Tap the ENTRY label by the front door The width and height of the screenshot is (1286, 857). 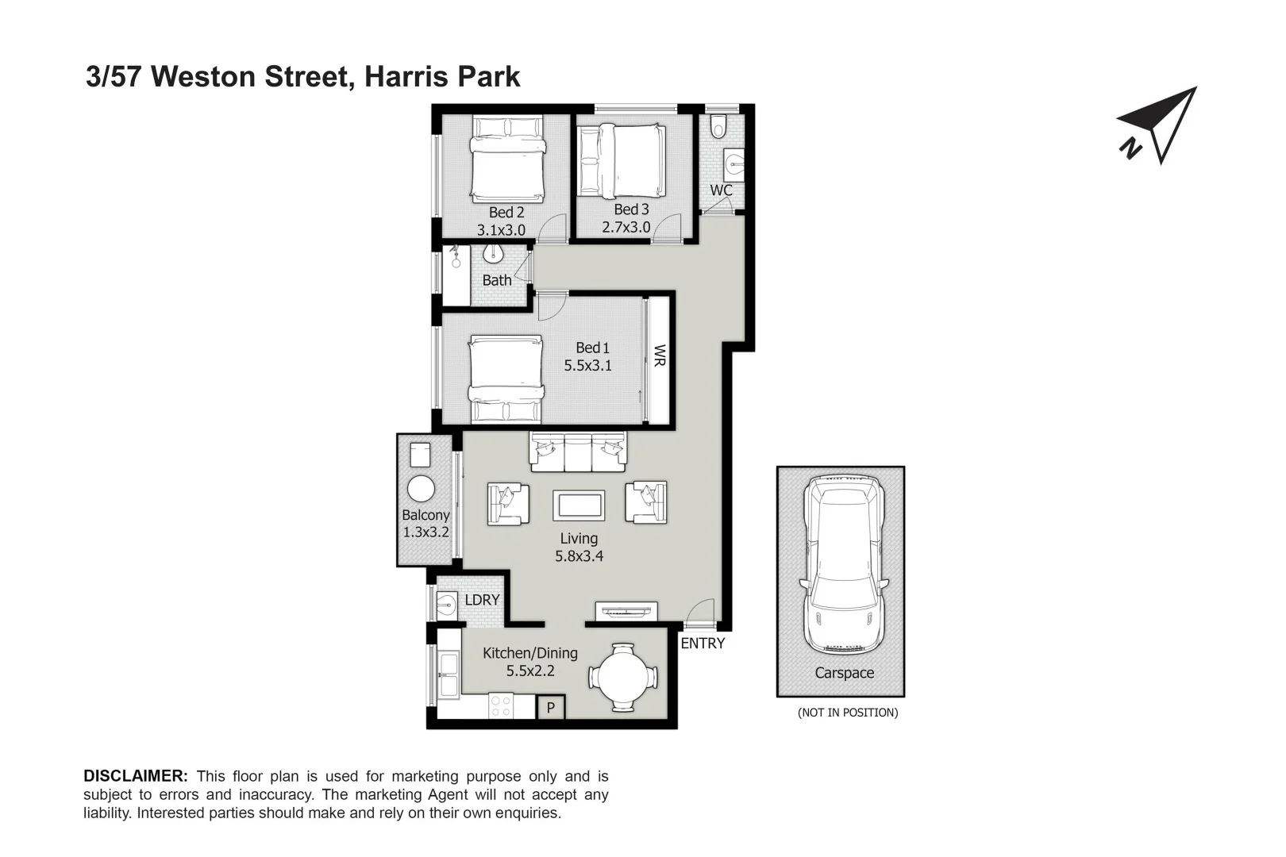pos(703,644)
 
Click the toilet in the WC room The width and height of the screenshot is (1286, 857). pos(719,126)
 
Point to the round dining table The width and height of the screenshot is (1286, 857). pos(623,678)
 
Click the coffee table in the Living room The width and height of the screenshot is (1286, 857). pos(579,505)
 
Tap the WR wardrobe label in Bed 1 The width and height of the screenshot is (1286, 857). pos(659,355)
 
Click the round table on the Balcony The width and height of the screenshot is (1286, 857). pos(421,488)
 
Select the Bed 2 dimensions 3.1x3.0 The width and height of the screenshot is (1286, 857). pos(501,230)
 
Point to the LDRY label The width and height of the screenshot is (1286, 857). pos(482,600)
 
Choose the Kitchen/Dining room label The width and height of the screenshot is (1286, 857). pos(530,653)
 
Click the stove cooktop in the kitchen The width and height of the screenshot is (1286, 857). pos(501,705)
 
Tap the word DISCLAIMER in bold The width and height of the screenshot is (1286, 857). pos(136,776)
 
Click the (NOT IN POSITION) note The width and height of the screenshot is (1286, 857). pos(848,713)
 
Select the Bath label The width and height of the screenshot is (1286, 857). pos(497,280)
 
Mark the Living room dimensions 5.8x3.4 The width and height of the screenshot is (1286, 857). pos(579,556)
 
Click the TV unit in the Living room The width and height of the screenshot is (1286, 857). pos(626,611)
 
